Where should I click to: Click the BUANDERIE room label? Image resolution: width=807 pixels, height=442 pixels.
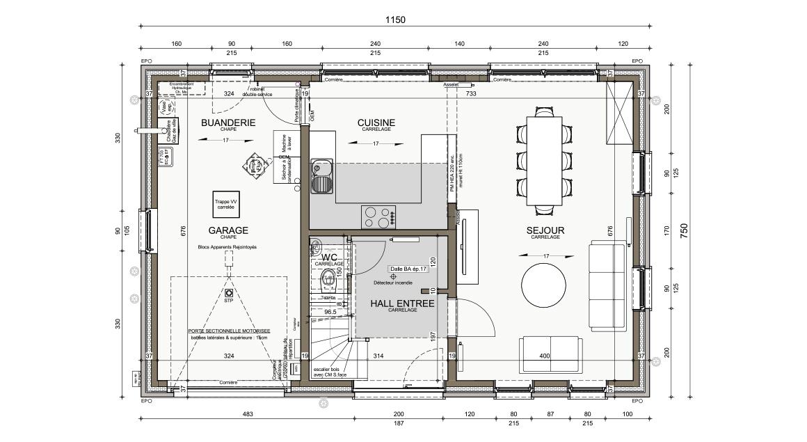tap(227, 123)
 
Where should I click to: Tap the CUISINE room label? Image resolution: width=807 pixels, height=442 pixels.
tap(376, 123)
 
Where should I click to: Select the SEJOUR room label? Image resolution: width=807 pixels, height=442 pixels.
tap(545, 230)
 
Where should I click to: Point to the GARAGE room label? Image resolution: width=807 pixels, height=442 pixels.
tap(228, 230)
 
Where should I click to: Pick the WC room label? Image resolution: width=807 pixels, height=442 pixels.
tap(329, 258)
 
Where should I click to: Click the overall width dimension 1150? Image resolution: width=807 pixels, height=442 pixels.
tap(396, 20)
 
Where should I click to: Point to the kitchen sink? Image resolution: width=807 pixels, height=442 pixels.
tap(321, 175)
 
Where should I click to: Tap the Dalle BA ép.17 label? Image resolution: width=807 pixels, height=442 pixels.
tap(407, 269)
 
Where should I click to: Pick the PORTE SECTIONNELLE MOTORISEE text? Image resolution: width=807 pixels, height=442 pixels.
tap(229, 331)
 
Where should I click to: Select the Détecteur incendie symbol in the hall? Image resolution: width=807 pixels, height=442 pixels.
tap(393, 276)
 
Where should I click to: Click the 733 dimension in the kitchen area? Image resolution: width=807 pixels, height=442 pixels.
tap(470, 93)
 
